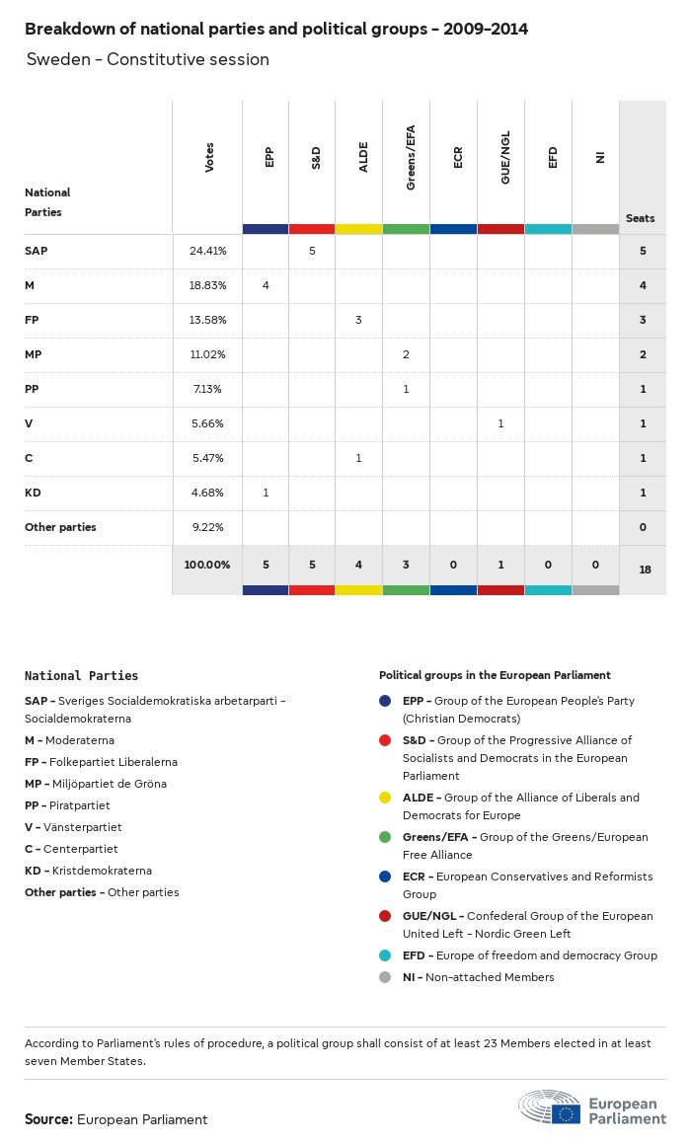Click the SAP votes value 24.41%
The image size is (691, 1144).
click(208, 251)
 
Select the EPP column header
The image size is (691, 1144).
click(269, 158)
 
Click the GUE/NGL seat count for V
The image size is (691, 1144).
click(500, 423)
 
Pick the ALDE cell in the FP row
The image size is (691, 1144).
click(358, 320)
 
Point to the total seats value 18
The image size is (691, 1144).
click(643, 570)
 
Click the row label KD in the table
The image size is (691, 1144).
click(33, 493)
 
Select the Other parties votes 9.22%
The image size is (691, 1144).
click(208, 527)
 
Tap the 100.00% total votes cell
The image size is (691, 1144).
click(207, 565)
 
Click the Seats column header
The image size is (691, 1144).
click(641, 218)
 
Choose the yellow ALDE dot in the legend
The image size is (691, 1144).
click(387, 798)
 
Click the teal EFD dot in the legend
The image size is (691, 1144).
click(387, 955)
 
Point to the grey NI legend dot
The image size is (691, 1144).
click(387, 977)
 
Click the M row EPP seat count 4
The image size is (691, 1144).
click(266, 285)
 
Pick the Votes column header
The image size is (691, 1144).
click(208, 158)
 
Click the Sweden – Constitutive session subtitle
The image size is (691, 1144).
click(148, 59)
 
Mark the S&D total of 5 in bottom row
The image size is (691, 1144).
click(312, 565)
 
